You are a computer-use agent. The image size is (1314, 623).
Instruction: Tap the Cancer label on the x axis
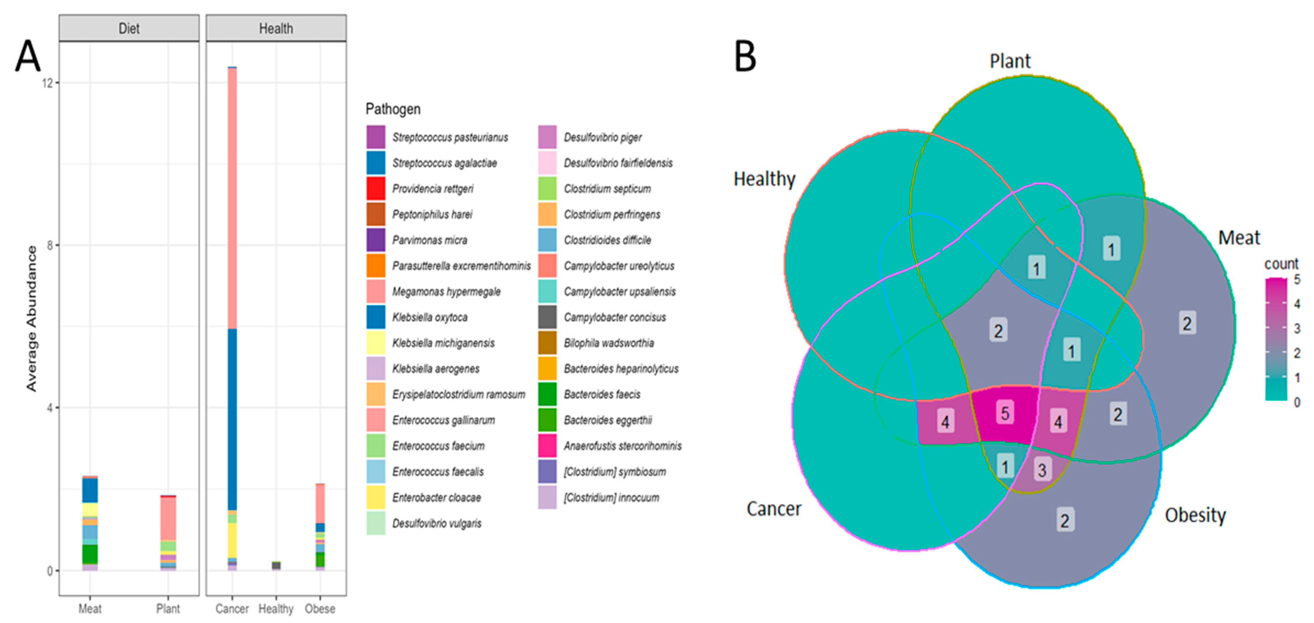tap(232, 608)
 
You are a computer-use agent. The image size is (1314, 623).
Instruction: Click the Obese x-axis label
tap(320, 608)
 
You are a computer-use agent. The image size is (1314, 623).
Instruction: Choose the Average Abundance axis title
tap(32, 319)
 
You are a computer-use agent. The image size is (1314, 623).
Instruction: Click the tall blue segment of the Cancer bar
tap(232, 418)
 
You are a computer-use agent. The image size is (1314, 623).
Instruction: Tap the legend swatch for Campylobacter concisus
tap(547, 317)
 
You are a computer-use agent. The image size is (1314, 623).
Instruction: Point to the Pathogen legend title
tap(393, 109)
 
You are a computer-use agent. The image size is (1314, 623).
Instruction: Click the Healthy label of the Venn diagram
tap(764, 179)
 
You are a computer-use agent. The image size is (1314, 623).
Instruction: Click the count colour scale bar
tap(1276, 339)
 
